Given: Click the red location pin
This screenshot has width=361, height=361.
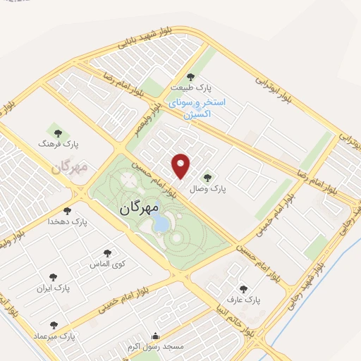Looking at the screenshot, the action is pyautogui.click(x=182, y=166).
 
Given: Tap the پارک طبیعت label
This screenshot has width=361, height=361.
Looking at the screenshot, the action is pyautogui.click(x=190, y=89).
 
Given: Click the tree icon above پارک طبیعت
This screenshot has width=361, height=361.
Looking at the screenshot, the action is pyautogui.click(x=190, y=77).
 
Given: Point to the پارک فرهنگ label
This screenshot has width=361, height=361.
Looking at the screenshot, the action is pyautogui.click(x=59, y=144).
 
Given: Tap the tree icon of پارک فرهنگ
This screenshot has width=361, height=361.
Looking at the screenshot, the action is pyautogui.click(x=58, y=132).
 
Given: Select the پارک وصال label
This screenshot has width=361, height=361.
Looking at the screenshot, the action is pyautogui.click(x=207, y=190).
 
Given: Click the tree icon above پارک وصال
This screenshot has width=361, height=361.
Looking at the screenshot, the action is pyautogui.click(x=207, y=178).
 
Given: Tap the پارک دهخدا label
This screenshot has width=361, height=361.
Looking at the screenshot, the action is pyautogui.click(x=67, y=221).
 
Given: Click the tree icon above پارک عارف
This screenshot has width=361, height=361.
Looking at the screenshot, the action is pyautogui.click(x=244, y=288).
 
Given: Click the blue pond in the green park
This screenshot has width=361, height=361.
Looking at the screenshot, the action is pyautogui.click(x=161, y=224).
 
